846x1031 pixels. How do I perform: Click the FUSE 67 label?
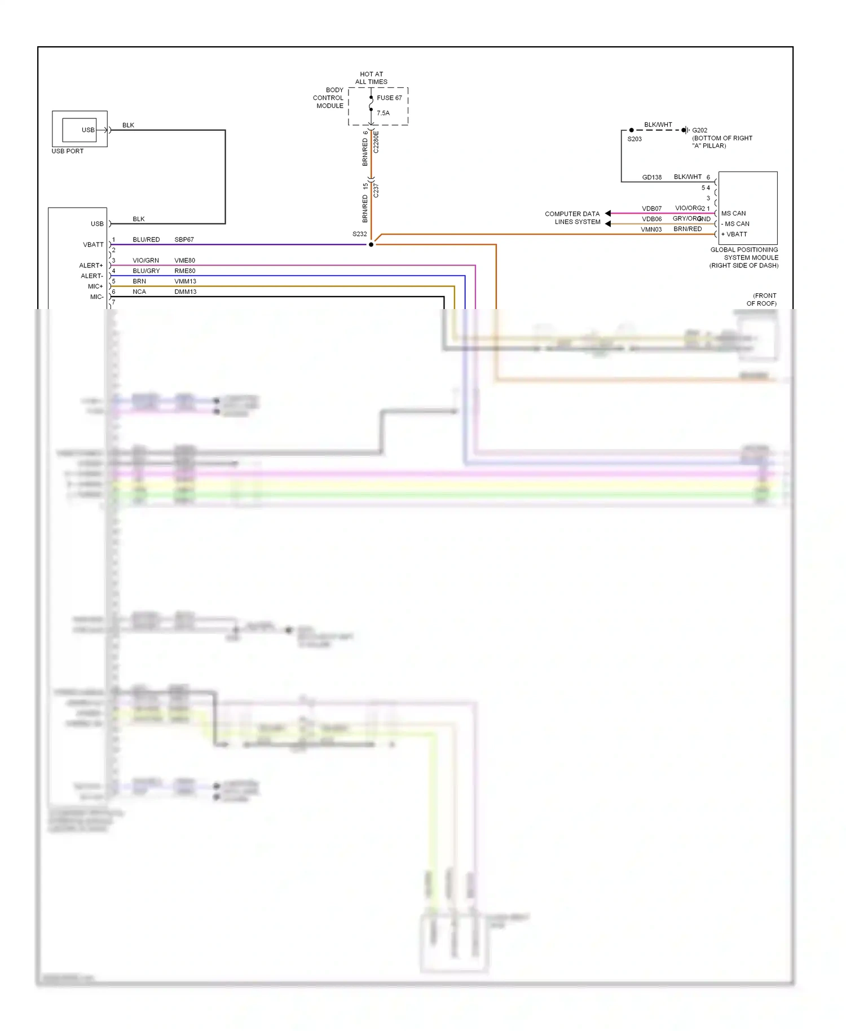point(389,98)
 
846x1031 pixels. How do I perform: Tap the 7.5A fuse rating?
point(383,113)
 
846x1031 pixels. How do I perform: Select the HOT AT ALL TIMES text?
point(371,78)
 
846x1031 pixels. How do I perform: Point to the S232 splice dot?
point(371,244)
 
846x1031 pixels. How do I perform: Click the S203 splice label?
point(634,139)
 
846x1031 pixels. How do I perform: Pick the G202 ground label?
point(699,130)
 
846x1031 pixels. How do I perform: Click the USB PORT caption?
point(67,151)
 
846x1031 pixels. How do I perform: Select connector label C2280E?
point(376,142)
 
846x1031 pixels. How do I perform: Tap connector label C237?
point(376,191)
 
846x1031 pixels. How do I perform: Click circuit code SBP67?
point(184,240)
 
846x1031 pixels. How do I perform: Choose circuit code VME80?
point(184,261)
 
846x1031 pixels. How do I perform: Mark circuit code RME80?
point(184,271)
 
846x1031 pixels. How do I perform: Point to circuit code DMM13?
point(185,292)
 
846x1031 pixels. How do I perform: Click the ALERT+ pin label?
point(91,265)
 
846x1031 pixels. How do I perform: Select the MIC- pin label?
point(96,297)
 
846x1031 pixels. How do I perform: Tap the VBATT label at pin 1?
point(93,244)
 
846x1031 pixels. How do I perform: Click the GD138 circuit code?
point(651,177)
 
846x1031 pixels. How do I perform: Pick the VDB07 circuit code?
point(651,209)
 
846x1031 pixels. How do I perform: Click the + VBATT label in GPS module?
point(734,234)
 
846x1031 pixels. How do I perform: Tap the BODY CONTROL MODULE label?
point(328,98)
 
